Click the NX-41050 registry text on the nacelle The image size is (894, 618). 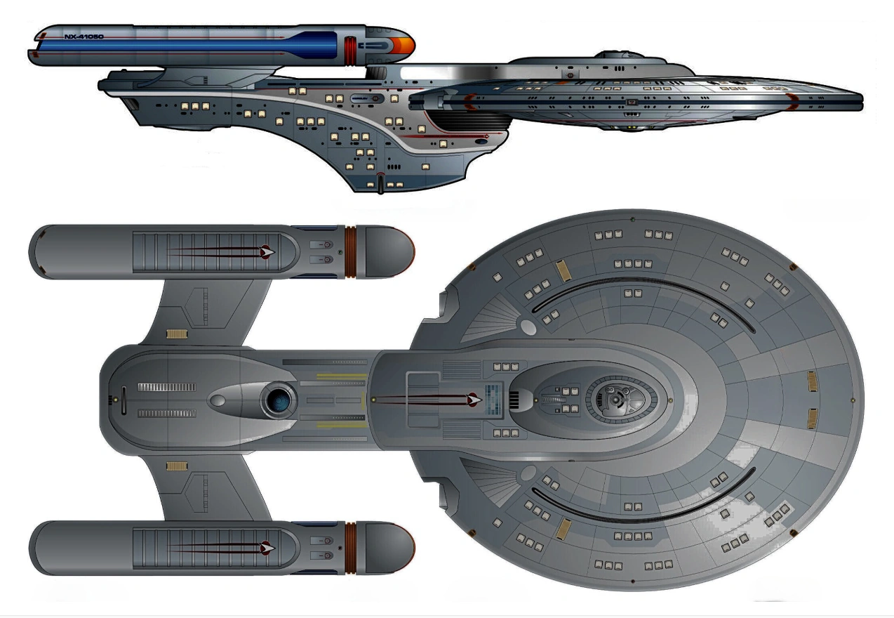click(84, 36)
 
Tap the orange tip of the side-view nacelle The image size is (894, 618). click(405, 47)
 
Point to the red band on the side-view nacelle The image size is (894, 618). click(349, 47)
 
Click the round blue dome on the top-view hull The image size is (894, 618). click(278, 400)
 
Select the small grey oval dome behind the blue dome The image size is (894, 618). click(218, 401)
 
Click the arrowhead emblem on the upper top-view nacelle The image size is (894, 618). click(267, 251)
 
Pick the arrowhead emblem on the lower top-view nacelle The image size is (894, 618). click(267, 546)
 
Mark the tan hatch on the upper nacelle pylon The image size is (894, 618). click(176, 334)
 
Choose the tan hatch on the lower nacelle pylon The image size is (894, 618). click(176, 466)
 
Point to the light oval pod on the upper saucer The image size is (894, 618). click(528, 324)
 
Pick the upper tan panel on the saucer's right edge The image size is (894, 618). click(812, 381)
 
